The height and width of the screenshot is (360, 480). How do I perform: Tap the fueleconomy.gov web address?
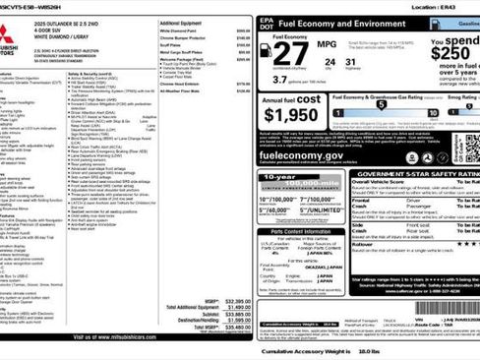coord(300,155)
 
